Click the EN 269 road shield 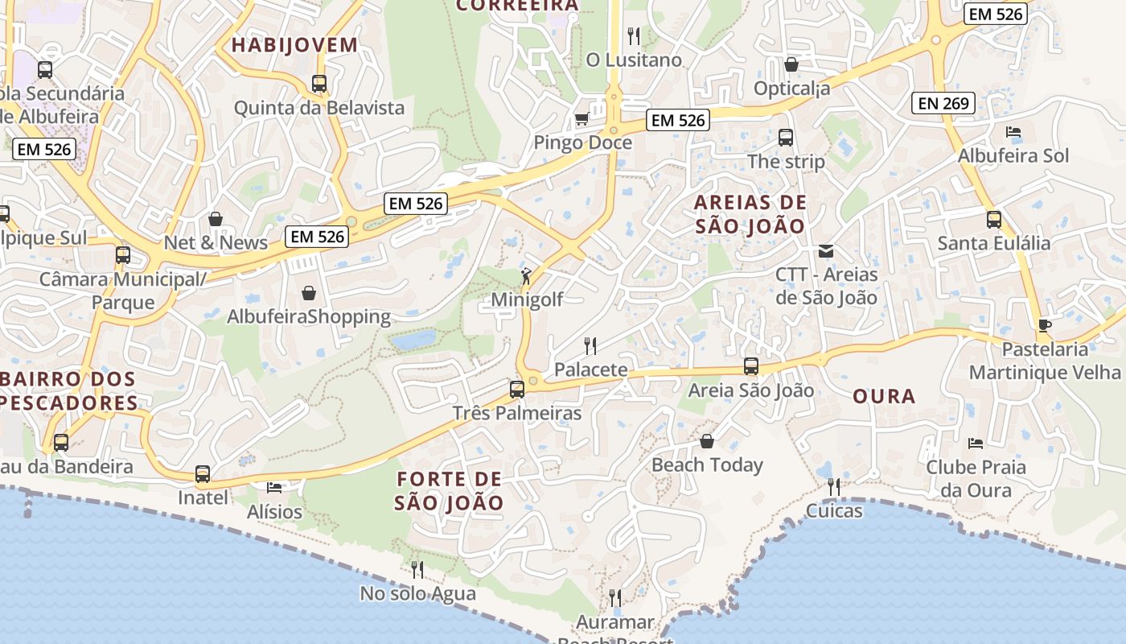(x=944, y=103)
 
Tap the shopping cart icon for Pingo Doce (x=581, y=119)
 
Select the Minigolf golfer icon (x=526, y=276)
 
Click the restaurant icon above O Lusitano (x=634, y=35)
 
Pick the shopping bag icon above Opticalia (x=791, y=64)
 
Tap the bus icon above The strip (x=786, y=138)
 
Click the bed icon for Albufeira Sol (x=1013, y=132)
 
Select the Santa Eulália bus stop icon (x=994, y=219)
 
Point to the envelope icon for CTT (x=826, y=251)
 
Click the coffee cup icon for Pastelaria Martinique (x=1045, y=325)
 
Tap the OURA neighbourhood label (x=884, y=396)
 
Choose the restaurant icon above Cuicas (x=834, y=486)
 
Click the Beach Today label (x=707, y=465)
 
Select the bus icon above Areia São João (x=751, y=366)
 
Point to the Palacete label (x=590, y=370)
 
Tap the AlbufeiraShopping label (x=309, y=317)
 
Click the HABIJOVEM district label (x=294, y=45)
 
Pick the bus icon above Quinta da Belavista (x=319, y=83)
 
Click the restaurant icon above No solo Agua (x=417, y=570)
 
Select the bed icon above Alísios (x=274, y=488)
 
